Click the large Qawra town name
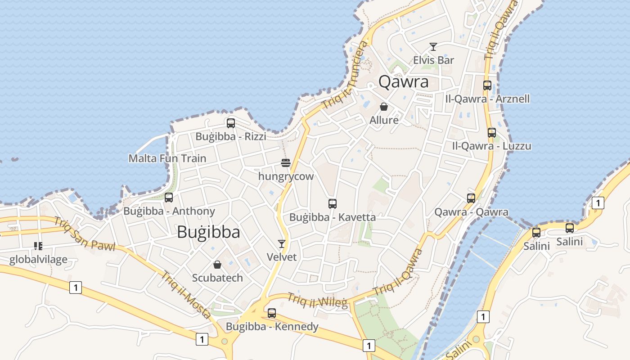(x=403, y=82)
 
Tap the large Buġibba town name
(x=208, y=232)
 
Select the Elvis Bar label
(x=433, y=60)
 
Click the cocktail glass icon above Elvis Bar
(x=433, y=47)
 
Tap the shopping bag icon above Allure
(x=384, y=107)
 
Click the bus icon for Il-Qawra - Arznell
(x=487, y=85)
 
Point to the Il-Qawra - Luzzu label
(x=491, y=146)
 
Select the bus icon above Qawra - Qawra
(x=471, y=198)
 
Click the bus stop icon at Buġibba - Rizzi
(x=231, y=123)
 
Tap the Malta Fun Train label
(x=167, y=158)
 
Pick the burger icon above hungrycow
(x=286, y=162)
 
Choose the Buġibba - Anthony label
(x=169, y=211)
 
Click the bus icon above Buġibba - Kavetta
(x=333, y=204)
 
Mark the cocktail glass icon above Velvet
(x=282, y=244)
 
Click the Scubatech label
(x=217, y=278)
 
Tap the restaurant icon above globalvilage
(x=38, y=246)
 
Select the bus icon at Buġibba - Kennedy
(x=272, y=313)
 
